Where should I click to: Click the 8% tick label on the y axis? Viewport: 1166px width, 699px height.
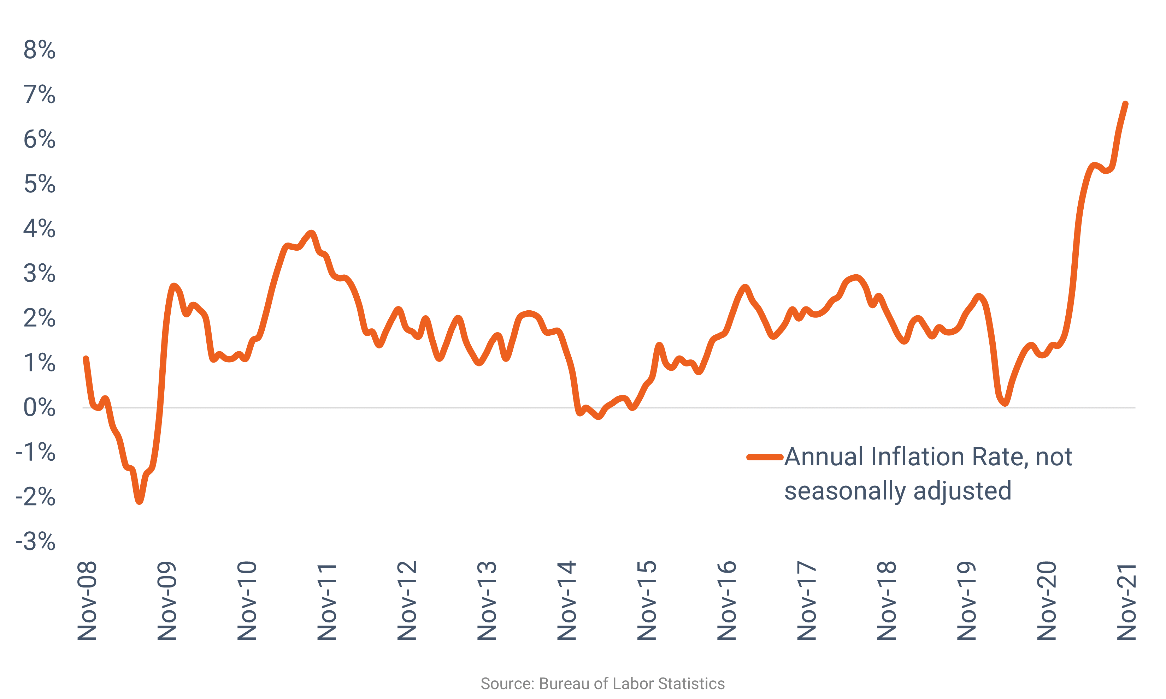coord(40,50)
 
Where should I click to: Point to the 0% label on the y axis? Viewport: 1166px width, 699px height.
coord(40,408)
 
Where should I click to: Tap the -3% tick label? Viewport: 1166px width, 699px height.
coord(36,542)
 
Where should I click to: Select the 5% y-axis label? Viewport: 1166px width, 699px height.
coord(40,184)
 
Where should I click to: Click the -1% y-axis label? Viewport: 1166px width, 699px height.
coord(36,453)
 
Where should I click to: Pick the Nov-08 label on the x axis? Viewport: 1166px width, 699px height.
coord(87,601)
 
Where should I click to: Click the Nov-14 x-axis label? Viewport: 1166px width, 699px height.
coord(567,601)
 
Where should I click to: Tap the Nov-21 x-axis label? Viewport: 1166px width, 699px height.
coord(1127,602)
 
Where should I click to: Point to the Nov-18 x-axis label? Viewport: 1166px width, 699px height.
coord(887,601)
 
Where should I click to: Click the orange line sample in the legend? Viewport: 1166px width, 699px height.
coord(765,457)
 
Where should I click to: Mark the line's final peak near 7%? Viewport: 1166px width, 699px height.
coord(1125,104)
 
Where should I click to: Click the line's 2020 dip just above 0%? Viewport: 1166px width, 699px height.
coord(1005,403)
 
